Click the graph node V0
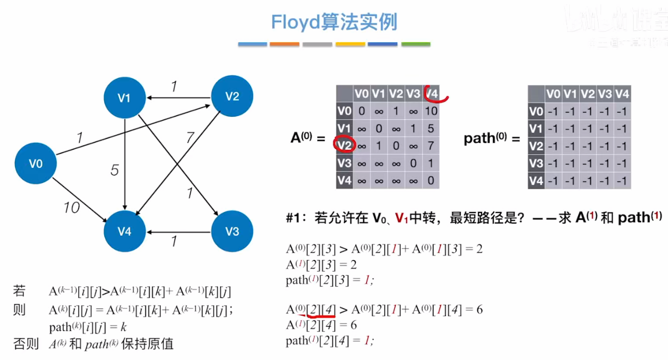tap(35, 163)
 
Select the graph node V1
tap(124, 97)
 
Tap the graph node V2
tap(232, 96)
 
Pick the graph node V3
tap(232, 231)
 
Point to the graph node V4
tap(124, 231)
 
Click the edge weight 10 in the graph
tap(71, 207)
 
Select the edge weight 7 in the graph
tap(189, 137)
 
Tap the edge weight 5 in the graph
tap(114, 170)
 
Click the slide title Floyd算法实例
tap(334, 22)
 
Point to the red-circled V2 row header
tap(344, 145)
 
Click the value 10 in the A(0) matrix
tap(430, 111)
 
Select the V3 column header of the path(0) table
tap(605, 94)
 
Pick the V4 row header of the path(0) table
tap(536, 180)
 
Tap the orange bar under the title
tap(284, 44)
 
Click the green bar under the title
tap(415, 44)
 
